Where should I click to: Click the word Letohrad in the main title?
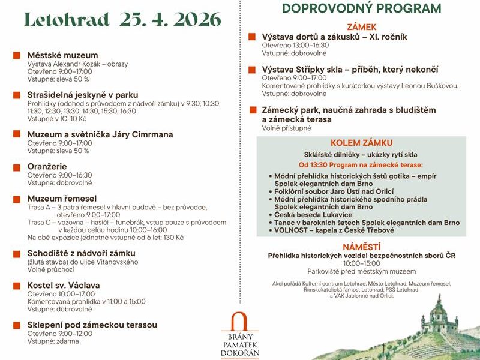[x=66, y=19]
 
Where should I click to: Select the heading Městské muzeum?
[x=62, y=55]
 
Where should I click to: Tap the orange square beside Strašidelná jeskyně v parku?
[x=17, y=95]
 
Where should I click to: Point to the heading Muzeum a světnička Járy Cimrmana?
[x=100, y=134]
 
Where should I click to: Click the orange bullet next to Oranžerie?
[x=17, y=166]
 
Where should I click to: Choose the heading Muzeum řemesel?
[x=62, y=198]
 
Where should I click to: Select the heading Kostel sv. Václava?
[x=64, y=285]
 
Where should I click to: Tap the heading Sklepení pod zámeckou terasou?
[x=92, y=325]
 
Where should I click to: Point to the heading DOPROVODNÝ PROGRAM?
[x=361, y=8]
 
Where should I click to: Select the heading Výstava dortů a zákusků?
[x=334, y=37]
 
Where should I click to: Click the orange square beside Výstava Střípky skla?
[x=252, y=70]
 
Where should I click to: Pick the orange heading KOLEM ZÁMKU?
[x=361, y=143]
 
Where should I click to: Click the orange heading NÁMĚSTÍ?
[x=361, y=247]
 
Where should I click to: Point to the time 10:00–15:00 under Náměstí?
[x=361, y=263]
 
